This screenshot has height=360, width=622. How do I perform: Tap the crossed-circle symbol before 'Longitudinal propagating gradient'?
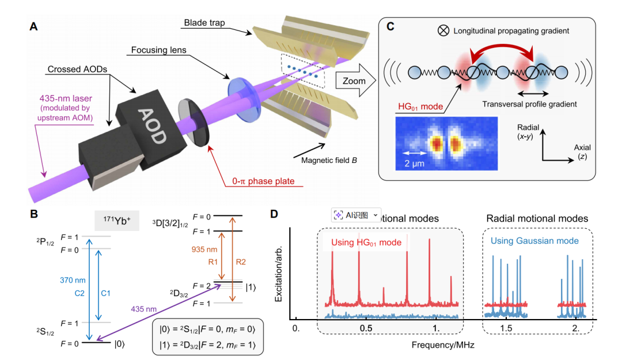pos(444,31)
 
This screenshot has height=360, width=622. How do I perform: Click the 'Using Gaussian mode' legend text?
pos(534,241)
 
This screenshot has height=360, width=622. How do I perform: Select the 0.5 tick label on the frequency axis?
pos(366,328)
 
